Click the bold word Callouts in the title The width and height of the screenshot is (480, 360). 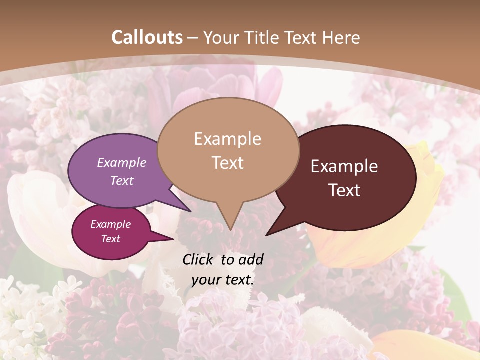click(147, 37)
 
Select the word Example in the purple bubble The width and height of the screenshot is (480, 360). click(122, 162)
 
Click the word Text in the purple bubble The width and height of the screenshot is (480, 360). click(122, 180)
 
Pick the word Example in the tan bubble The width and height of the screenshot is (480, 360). click(227, 138)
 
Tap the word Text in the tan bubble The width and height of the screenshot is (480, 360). click(227, 163)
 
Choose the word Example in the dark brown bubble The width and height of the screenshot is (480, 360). click(344, 166)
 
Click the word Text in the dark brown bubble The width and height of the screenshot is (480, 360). click(344, 190)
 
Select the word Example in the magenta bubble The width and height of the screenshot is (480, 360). click(110, 224)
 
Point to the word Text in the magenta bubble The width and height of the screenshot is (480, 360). click(110, 239)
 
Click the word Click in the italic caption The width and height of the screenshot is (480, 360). click(198, 259)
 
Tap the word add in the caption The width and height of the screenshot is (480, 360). click(251, 259)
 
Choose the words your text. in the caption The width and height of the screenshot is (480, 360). click(222, 280)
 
